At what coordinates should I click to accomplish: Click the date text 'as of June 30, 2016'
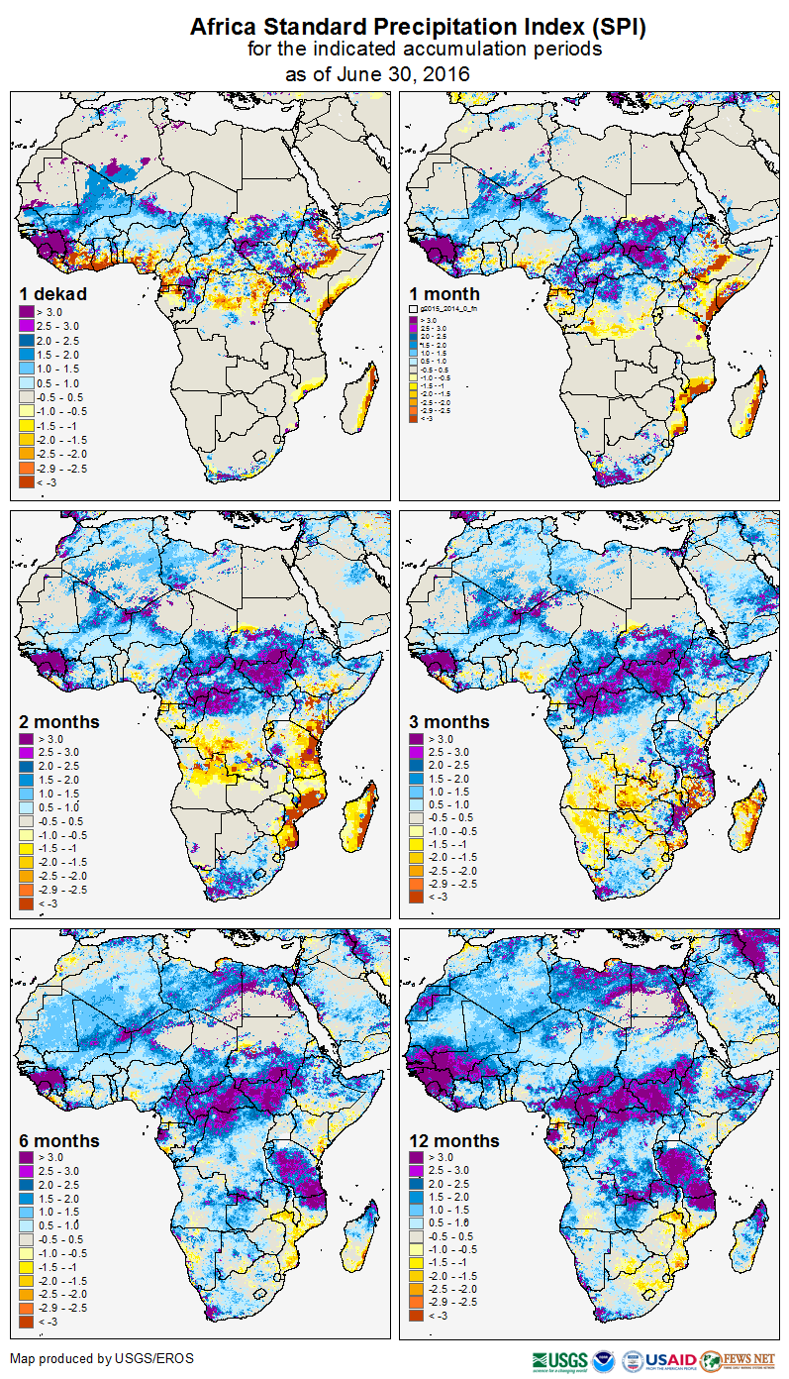click(377, 74)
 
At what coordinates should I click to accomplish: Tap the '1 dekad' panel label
click(52, 294)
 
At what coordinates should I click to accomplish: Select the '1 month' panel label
click(444, 294)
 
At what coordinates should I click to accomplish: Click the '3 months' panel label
click(449, 722)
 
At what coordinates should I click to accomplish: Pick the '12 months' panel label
click(453, 1141)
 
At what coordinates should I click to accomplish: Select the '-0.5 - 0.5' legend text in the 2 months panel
click(62, 821)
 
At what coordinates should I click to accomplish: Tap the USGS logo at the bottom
click(559, 1360)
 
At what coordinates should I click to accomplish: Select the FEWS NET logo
click(737, 1360)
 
